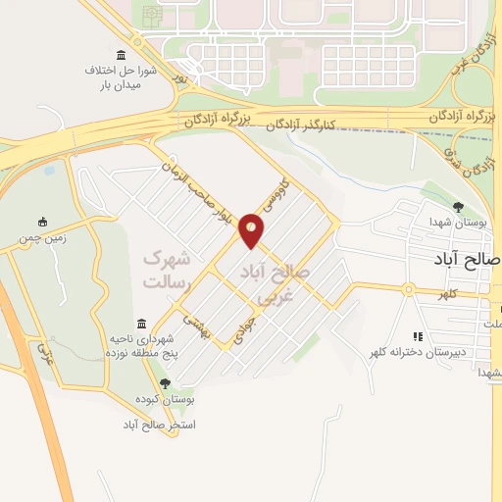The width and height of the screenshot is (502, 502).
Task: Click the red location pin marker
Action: tap(252, 230)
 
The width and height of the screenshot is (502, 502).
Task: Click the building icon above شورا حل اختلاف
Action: tap(121, 54)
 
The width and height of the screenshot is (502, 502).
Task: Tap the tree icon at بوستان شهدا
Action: tap(458, 207)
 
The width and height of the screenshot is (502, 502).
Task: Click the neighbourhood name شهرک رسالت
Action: tap(164, 270)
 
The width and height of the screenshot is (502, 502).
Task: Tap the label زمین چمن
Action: tap(40, 238)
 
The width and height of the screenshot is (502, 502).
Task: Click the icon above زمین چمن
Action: tap(40, 222)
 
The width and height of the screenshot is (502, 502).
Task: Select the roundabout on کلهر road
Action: tap(406, 288)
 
